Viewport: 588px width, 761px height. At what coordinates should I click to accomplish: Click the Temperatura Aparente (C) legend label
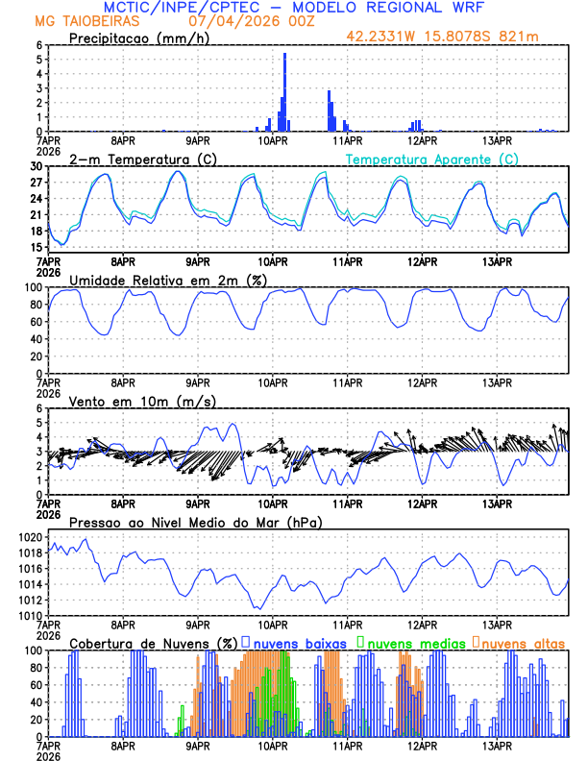[432, 159]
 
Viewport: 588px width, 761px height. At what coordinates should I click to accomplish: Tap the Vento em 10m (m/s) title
[129, 401]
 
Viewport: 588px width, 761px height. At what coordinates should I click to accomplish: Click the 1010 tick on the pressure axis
[30, 616]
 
